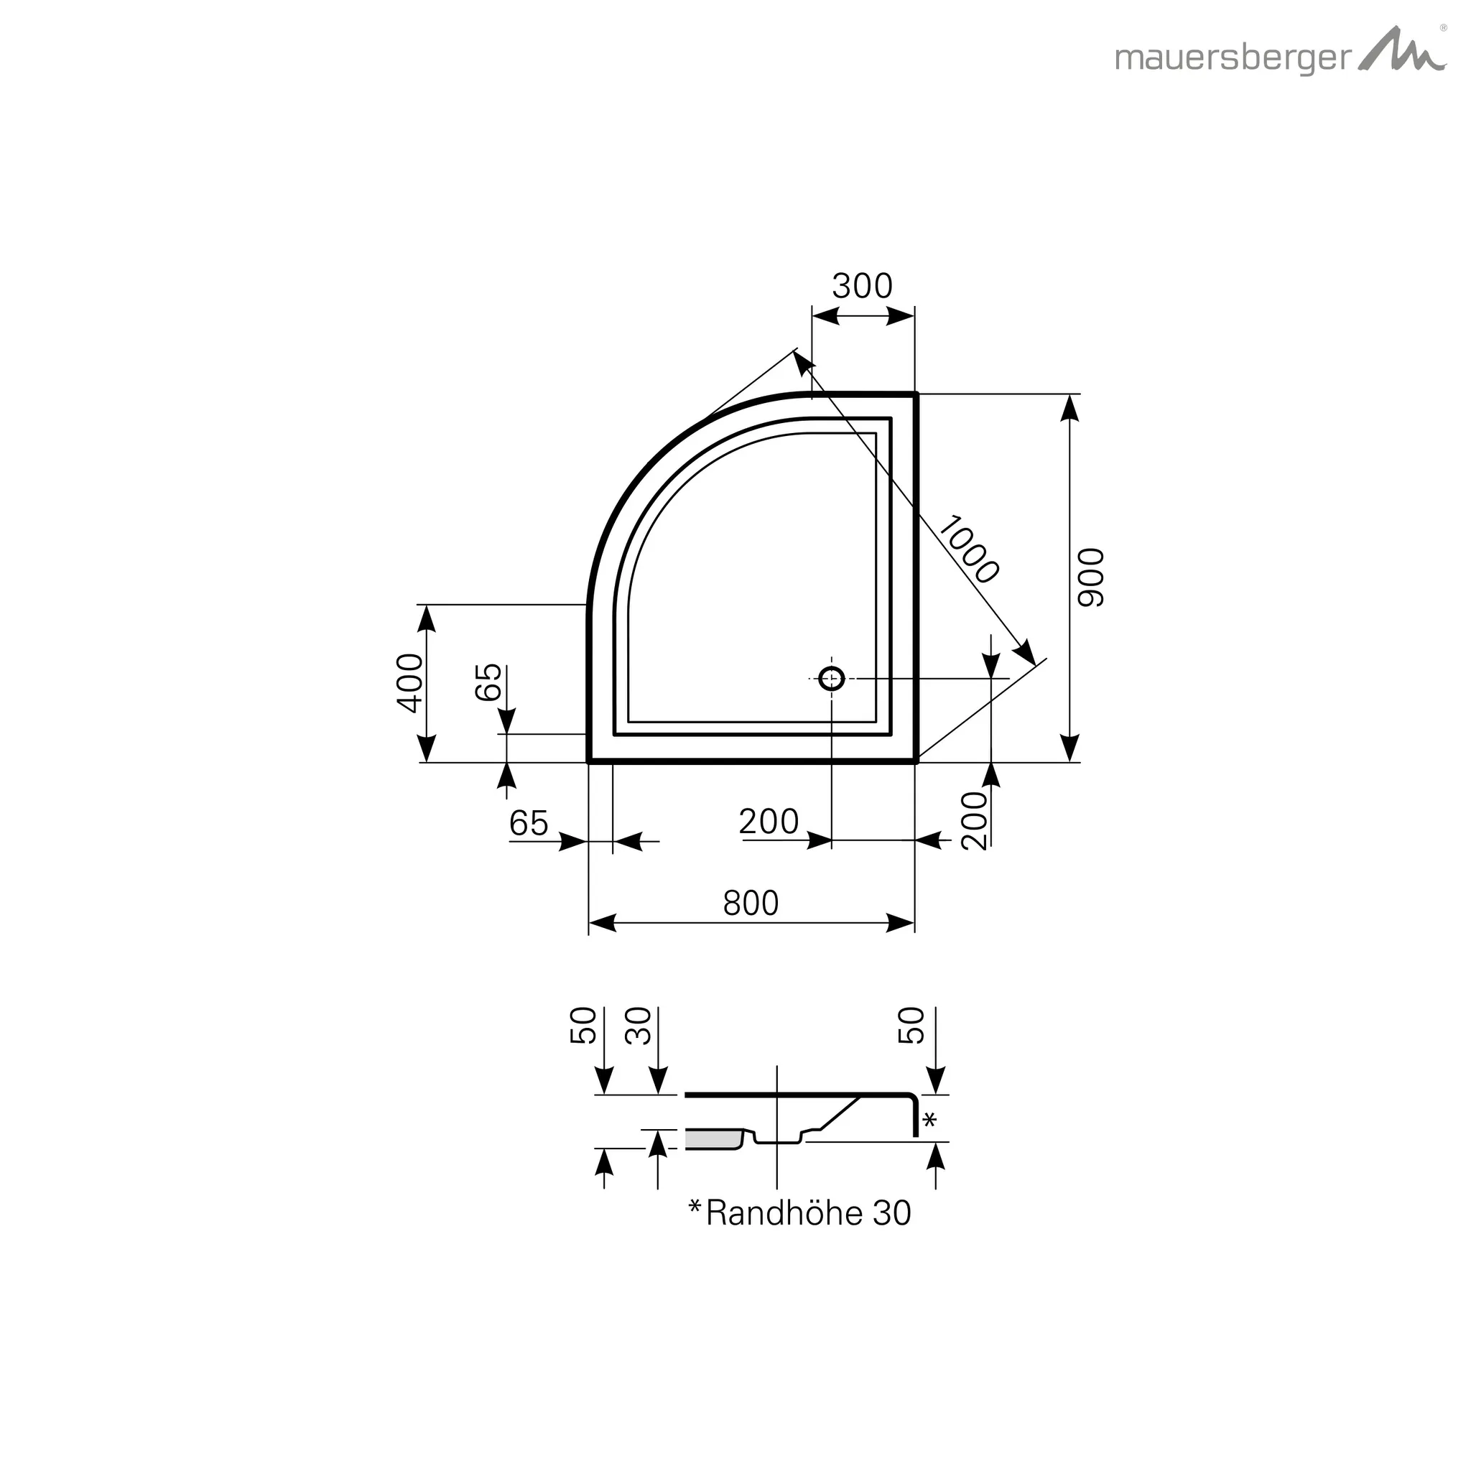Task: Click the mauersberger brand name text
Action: (x=1233, y=59)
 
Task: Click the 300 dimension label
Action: (x=862, y=287)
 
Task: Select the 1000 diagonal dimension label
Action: (x=967, y=549)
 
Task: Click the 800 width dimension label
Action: (x=750, y=903)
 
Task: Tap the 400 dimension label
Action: (x=411, y=682)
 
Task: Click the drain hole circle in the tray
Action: (x=832, y=677)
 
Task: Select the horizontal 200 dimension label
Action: (x=769, y=822)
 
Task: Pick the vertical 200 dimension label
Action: (x=975, y=820)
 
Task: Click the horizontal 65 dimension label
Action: (x=529, y=823)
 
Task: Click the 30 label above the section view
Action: (x=639, y=1026)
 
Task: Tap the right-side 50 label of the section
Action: (x=911, y=1025)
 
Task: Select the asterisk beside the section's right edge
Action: (x=929, y=1120)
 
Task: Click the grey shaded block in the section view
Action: (x=713, y=1140)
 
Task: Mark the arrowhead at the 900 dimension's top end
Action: (x=1069, y=409)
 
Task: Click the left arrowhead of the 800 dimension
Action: (x=602, y=924)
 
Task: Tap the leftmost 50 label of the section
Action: (x=584, y=1025)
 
